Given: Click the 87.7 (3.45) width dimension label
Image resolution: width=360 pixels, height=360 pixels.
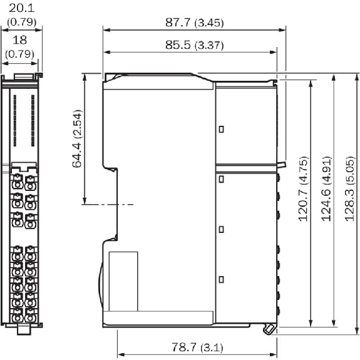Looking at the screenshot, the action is tap(195, 23).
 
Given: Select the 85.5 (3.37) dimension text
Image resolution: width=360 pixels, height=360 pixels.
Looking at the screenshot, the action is tap(195, 45).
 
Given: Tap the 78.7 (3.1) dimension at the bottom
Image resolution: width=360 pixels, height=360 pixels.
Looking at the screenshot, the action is tap(197, 347).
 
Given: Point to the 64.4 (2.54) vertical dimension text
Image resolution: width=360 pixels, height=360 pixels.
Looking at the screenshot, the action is tap(77, 139).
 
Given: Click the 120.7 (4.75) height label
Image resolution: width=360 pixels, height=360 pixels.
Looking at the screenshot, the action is tap(303, 189).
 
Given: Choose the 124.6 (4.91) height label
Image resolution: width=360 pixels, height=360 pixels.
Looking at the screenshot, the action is tap(326, 189).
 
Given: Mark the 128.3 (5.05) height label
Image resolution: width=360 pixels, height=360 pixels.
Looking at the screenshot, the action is tap(350, 189).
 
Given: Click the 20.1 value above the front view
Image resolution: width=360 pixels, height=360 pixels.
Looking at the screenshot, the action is tap(21, 8).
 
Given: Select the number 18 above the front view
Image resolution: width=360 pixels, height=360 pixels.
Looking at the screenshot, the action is tap(20, 40).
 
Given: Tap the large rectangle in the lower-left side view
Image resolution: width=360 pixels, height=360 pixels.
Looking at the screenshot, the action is tap(123, 282).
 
